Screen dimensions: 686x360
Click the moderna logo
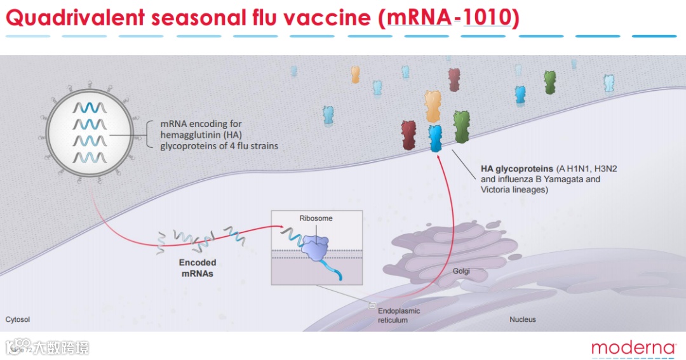633,348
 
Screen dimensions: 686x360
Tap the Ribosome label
316,218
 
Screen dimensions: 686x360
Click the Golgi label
461,271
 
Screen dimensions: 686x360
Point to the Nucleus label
523,319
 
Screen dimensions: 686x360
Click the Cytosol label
18,319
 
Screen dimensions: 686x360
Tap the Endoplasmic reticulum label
399,316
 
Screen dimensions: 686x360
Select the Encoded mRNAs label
198,267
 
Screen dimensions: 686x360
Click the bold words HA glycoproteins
517,170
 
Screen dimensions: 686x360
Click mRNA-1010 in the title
448,18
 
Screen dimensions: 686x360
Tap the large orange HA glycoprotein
433,106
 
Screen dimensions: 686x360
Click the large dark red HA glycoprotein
409,135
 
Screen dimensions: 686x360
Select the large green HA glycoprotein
462,127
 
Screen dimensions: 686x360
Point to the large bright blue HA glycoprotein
435,138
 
